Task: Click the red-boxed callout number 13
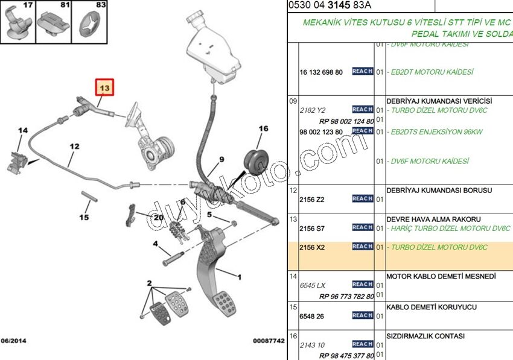(x=105, y=88)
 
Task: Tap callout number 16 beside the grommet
(x=263, y=128)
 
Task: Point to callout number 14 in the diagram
(x=23, y=131)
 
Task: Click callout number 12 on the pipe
(x=74, y=146)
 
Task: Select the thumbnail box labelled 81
(x=55, y=22)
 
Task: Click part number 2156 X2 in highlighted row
(x=312, y=248)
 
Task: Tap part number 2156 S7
(x=312, y=229)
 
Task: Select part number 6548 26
(x=312, y=316)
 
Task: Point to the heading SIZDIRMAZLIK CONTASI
(x=425, y=336)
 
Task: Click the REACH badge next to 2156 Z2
(x=362, y=198)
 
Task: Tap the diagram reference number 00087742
(x=268, y=341)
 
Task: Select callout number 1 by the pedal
(x=240, y=277)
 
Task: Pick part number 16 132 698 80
(x=321, y=72)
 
